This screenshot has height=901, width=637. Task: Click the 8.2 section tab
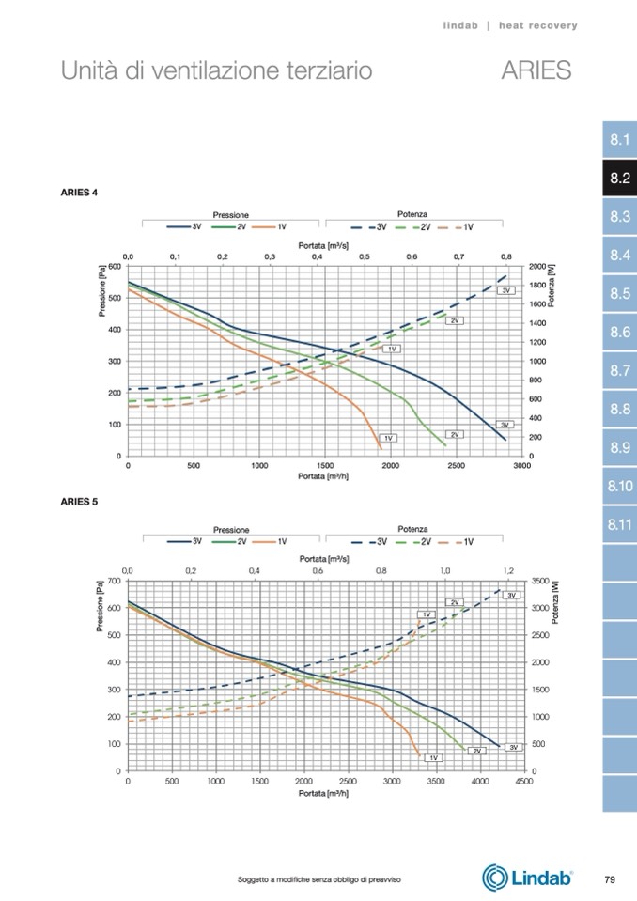point(618,179)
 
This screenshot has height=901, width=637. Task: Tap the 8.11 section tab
point(618,524)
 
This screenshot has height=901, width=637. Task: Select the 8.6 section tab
point(618,333)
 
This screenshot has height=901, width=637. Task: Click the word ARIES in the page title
point(536,70)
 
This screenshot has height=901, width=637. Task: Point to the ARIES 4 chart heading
point(79,193)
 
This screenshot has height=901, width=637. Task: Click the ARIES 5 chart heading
point(79,501)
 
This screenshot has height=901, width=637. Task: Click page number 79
point(609,879)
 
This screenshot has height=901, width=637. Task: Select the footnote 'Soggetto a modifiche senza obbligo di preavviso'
point(319,879)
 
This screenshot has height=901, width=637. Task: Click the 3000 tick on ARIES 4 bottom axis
point(521,465)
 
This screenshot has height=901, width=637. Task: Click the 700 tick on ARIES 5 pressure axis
point(114,582)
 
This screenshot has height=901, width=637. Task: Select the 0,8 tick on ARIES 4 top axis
point(505,256)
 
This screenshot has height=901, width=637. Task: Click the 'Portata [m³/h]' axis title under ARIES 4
point(324,475)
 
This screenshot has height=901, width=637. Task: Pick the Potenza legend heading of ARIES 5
point(412,529)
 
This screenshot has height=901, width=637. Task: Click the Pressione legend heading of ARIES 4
point(230,215)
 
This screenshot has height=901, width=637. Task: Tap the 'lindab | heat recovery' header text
point(510,25)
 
